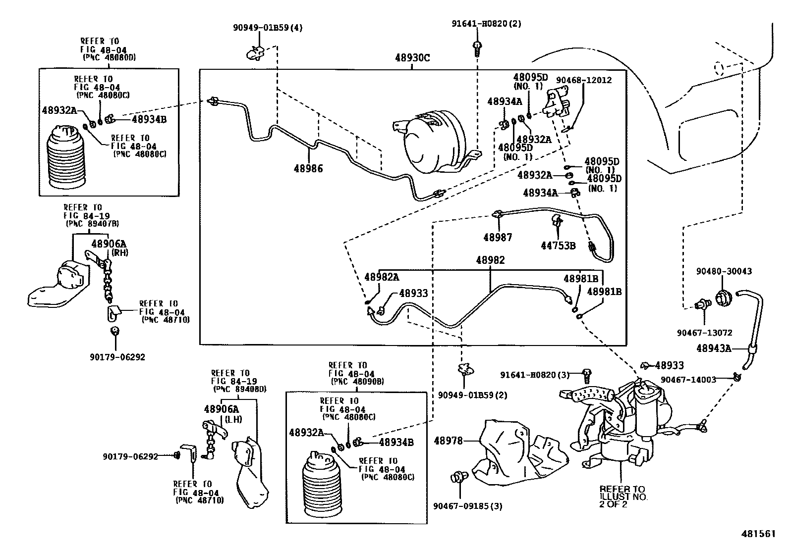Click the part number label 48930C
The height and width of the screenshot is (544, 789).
tap(412, 58)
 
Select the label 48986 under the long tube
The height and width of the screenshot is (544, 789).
tap(308, 169)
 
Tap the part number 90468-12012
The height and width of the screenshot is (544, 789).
tap(584, 80)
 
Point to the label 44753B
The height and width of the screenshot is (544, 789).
tap(558, 246)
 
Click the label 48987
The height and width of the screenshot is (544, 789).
tap(498, 238)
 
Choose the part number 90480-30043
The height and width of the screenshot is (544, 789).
tap(724, 271)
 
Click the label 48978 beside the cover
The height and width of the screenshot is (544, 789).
tap(448, 441)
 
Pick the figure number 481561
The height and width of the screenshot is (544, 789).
tap(758, 534)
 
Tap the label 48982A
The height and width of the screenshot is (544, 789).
tap(382, 277)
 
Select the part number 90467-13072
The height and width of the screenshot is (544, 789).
tap(704, 333)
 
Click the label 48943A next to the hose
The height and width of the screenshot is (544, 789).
tap(714, 348)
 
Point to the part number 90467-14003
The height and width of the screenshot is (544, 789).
tap(688, 380)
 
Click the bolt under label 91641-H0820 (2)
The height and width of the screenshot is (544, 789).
tap(477, 49)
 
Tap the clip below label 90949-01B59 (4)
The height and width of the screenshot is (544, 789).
tap(255, 53)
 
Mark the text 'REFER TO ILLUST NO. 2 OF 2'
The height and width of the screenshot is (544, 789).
tap(623, 496)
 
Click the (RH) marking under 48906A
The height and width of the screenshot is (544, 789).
tap(120, 252)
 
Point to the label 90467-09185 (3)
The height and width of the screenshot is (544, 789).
tap(468, 506)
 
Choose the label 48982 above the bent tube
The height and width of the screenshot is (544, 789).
tap(490, 260)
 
